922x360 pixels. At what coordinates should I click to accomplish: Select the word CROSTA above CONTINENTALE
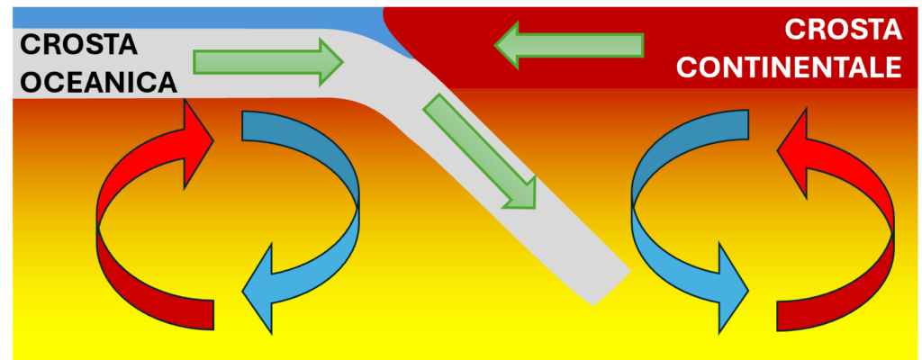pos(843,30)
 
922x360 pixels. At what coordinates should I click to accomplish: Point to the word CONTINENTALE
pos(790,67)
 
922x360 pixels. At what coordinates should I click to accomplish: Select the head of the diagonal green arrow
pos(520,191)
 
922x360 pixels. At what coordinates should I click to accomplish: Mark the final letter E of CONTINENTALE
pos(892,67)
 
